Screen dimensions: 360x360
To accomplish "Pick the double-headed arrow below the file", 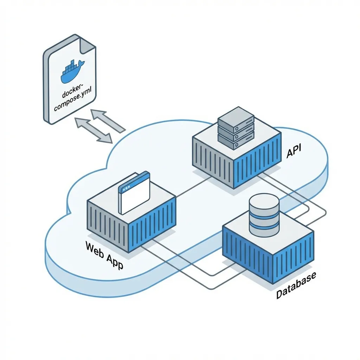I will (x=93, y=131).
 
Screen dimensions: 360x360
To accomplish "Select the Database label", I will (x=296, y=285).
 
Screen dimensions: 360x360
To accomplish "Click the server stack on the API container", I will (x=236, y=128).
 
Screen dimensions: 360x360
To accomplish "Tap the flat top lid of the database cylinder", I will (x=264, y=202).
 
